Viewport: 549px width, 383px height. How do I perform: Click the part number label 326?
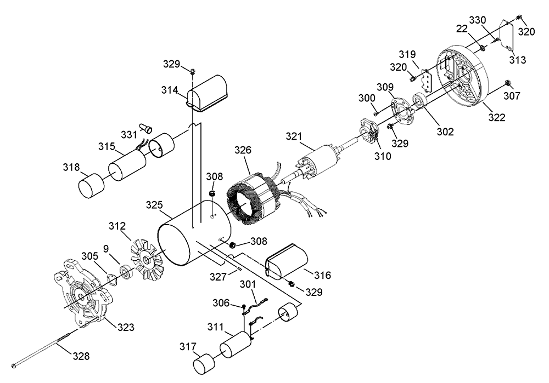tap(243, 150)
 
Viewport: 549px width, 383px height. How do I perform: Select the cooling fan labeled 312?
tap(147, 257)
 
